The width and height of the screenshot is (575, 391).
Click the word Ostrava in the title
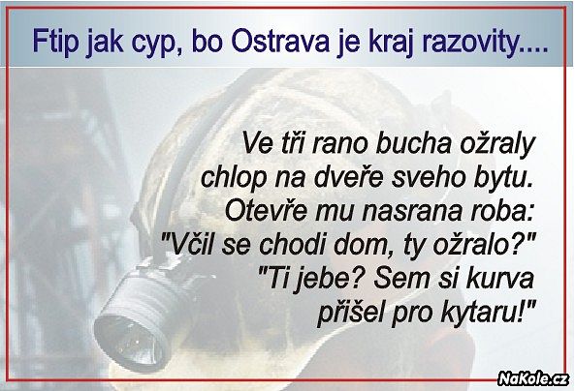click(x=281, y=42)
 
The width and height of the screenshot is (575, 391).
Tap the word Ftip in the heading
click(x=55, y=43)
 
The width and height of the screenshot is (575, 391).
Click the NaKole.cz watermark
click(x=533, y=378)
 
